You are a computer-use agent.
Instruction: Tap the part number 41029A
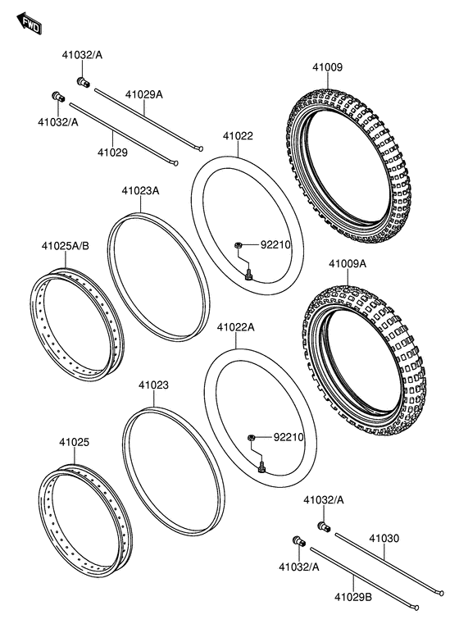point(143,94)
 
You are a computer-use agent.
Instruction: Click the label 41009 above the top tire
point(327,68)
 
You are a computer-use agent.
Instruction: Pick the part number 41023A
point(140,190)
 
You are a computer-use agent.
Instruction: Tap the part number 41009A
point(348,264)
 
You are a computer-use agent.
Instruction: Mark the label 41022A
point(236,326)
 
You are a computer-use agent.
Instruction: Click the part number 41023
point(153,384)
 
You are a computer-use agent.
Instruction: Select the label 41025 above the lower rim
point(74,442)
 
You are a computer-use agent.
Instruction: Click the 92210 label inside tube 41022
point(276,244)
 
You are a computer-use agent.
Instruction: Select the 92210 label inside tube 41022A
point(288,437)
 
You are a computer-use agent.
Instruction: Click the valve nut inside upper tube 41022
point(236,244)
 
